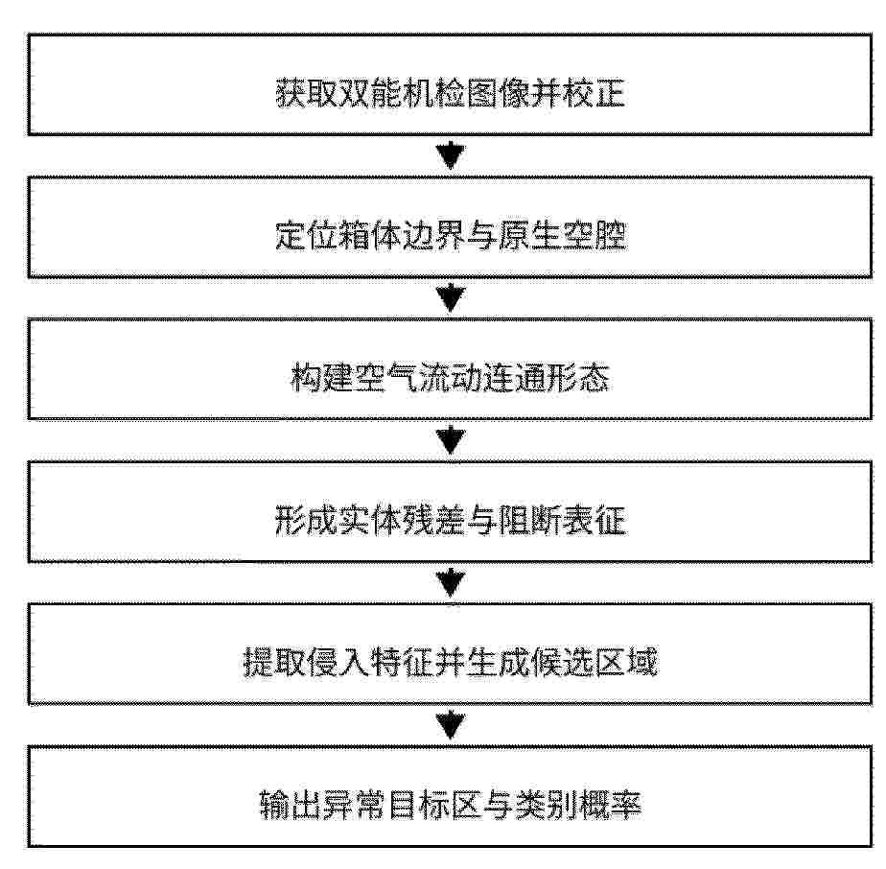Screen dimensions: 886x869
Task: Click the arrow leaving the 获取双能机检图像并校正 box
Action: pyautogui.click(x=451, y=156)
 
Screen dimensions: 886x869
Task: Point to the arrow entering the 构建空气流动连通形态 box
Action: pyautogui.click(x=451, y=298)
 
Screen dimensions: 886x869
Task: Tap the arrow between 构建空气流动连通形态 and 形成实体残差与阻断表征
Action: pyautogui.click(x=451, y=441)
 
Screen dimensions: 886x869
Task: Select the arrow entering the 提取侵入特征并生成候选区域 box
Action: pyautogui.click(x=451, y=583)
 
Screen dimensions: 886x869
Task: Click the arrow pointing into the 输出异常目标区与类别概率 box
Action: pyautogui.click(x=451, y=726)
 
